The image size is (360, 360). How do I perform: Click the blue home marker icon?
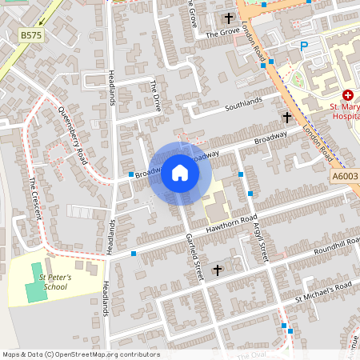[180, 173]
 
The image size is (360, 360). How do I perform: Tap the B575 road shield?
[31, 35]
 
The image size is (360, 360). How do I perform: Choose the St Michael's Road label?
[323, 291]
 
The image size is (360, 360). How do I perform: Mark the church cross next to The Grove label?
[228, 18]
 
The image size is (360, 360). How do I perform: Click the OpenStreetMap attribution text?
[80, 354]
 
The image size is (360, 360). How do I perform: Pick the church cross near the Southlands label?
[286, 117]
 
